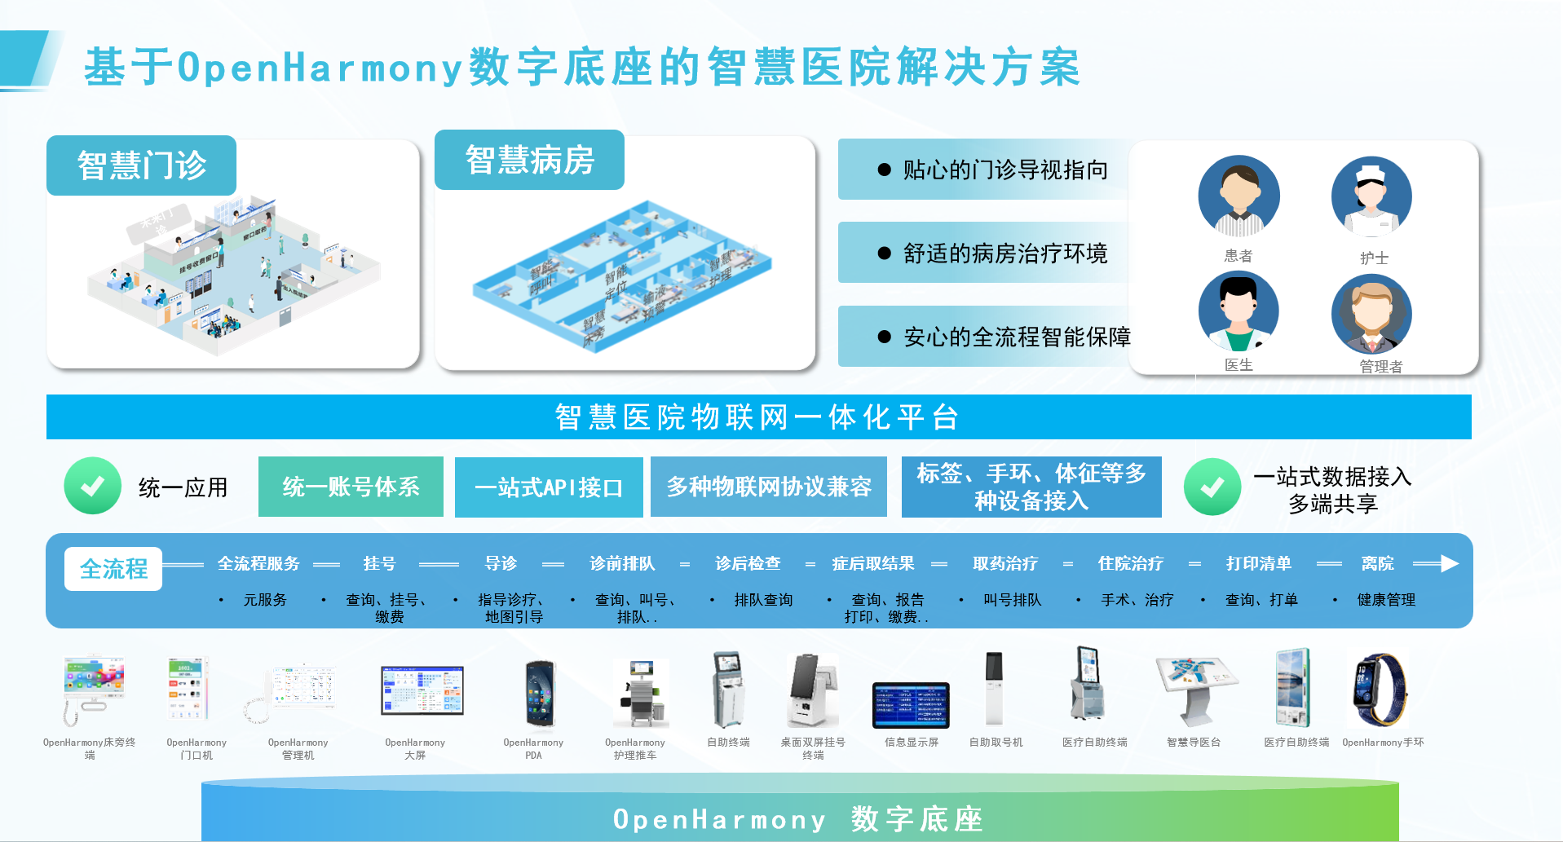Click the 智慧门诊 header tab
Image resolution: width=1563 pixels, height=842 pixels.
click(141, 165)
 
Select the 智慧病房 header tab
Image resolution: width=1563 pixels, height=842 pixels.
click(529, 160)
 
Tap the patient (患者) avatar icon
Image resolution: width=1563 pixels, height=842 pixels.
click(1238, 196)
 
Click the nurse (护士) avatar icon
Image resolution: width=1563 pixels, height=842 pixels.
click(1371, 196)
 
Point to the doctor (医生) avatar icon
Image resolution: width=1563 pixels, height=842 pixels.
click(1238, 312)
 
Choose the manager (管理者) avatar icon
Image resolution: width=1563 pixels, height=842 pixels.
click(1371, 315)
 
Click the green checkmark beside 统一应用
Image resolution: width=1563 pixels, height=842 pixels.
click(93, 486)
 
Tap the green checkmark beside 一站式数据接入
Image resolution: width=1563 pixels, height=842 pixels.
click(1212, 487)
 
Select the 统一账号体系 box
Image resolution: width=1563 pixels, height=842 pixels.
click(351, 487)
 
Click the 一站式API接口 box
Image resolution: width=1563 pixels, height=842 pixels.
click(549, 487)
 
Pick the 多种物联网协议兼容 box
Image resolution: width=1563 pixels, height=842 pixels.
click(769, 487)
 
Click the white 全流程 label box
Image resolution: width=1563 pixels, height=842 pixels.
click(113, 568)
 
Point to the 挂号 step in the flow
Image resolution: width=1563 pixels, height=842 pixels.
click(379, 563)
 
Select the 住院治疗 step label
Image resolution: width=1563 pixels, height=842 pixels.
click(1130, 563)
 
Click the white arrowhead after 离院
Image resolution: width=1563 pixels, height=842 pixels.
click(1449, 563)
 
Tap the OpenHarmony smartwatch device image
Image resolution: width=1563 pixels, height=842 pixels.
click(1380, 690)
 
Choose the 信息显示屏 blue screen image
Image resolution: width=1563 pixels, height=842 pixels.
click(911, 705)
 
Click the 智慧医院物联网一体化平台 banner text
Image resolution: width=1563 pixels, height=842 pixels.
click(757, 417)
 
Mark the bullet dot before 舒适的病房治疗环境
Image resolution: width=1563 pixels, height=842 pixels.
click(885, 253)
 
